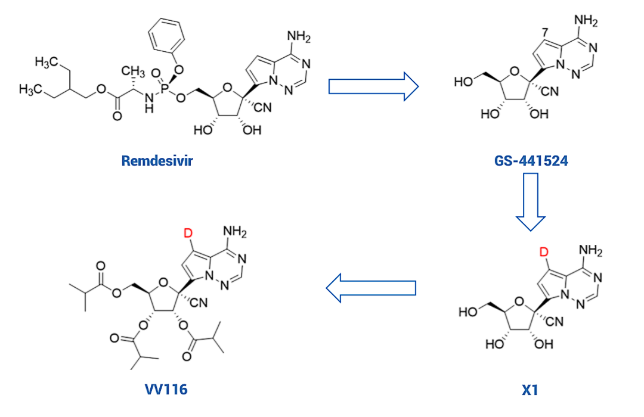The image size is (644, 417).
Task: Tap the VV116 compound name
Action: tap(166, 390)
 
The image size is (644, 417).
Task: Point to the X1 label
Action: tap(530, 390)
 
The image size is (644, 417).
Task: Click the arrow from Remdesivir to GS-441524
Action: tap(373, 86)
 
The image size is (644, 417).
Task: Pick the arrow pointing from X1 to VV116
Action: tap(371, 288)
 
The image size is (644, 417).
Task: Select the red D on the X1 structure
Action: tap(544, 253)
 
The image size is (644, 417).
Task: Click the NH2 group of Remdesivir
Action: tap(299, 38)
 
